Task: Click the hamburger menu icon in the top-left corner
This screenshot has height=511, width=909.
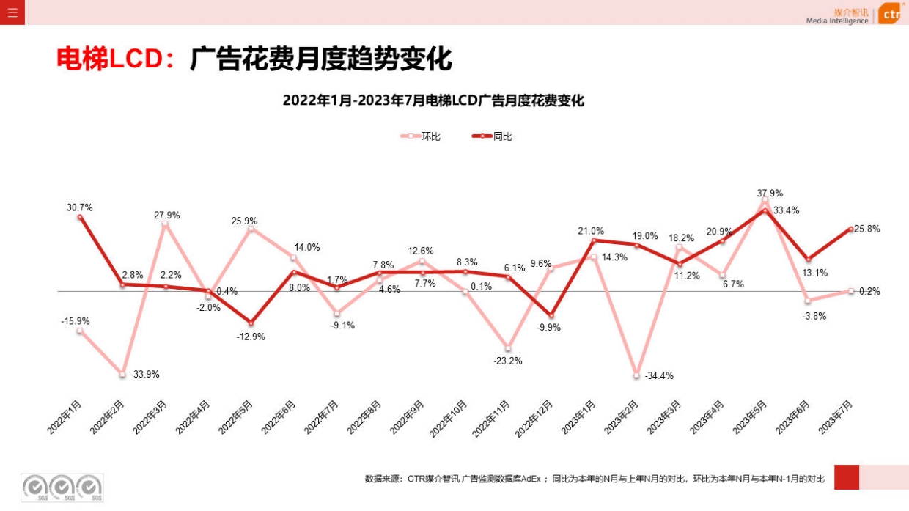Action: (12, 12)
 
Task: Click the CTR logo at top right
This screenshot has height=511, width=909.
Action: (890, 14)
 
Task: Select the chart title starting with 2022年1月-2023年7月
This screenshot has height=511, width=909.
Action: (433, 101)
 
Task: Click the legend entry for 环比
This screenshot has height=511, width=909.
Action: (421, 136)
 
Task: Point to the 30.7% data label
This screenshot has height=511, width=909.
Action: (80, 207)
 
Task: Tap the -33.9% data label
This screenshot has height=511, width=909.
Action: (144, 374)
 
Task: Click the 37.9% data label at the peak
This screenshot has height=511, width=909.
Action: (770, 194)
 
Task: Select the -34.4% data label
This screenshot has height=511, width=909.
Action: (658, 375)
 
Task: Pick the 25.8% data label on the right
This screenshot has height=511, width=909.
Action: (866, 229)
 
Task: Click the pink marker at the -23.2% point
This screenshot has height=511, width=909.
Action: (507, 348)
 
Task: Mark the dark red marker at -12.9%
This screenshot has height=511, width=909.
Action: (251, 323)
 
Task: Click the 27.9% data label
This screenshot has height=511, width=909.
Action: (166, 216)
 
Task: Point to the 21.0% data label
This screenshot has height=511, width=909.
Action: (591, 231)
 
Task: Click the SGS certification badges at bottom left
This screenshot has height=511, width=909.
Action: (62, 488)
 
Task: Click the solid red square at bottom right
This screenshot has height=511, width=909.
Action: (846, 477)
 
